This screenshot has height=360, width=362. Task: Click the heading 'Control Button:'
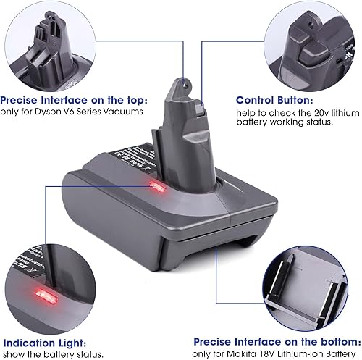275,101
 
